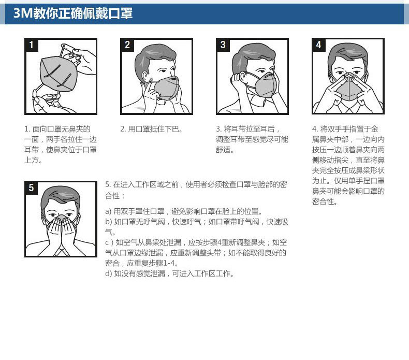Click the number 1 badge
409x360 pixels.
coord(32,45)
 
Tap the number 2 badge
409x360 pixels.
coord(127,45)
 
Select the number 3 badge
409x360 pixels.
coord(223,45)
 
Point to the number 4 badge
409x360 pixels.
coord(318,45)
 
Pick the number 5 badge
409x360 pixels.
coord(32,188)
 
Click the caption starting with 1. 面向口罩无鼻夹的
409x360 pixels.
coord(61,145)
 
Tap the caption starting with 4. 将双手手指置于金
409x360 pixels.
coord(348,165)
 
